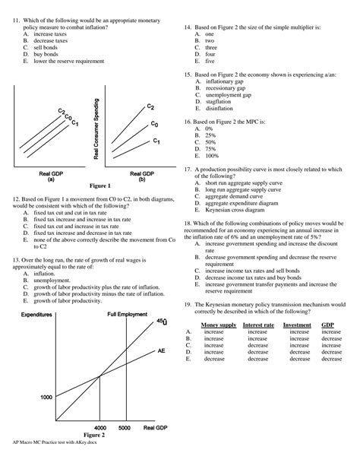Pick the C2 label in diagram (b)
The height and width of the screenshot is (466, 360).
(150, 108)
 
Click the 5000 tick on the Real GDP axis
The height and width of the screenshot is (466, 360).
(125, 438)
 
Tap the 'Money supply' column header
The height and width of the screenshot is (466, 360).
(218, 325)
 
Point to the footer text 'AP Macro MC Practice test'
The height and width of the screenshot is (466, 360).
(46, 461)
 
